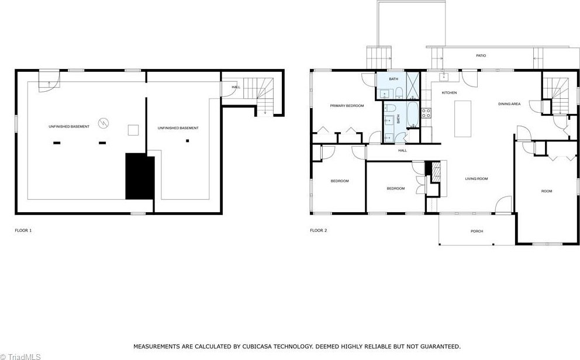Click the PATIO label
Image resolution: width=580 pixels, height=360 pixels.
pyautogui.click(x=481, y=56)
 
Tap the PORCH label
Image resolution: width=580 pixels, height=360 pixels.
pyautogui.click(x=477, y=231)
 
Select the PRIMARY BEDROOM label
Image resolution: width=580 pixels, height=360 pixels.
pyautogui.click(x=347, y=106)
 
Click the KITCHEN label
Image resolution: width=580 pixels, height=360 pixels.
pyautogui.click(x=449, y=93)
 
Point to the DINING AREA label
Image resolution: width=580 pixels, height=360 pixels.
pyautogui.click(x=509, y=104)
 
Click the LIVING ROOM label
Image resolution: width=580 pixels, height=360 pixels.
pyautogui.click(x=477, y=179)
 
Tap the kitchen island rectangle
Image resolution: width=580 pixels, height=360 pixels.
pyautogui.click(x=462, y=119)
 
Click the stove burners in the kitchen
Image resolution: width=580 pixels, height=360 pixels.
pyautogui.click(x=426, y=113)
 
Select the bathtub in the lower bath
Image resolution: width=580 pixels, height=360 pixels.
pyautogui.click(x=412, y=115)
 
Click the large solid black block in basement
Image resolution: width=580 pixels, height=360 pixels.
pyautogui.click(x=140, y=176)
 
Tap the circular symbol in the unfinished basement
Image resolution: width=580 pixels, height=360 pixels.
pyautogui.click(x=103, y=123)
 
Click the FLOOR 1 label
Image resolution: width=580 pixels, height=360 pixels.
pyautogui.click(x=23, y=231)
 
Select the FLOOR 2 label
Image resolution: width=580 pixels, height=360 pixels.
pyautogui.click(x=319, y=231)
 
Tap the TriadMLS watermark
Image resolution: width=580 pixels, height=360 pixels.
pyautogui.click(x=20, y=356)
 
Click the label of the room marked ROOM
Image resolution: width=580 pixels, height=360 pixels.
pyautogui.click(x=547, y=191)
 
